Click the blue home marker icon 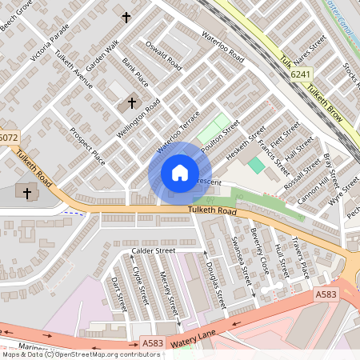click(x=179, y=173)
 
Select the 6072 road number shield click(x=8, y=138)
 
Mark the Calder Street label click(x=153, y=251)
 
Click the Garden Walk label click(x=102, y=55)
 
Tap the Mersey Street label click(x=167, y=294)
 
